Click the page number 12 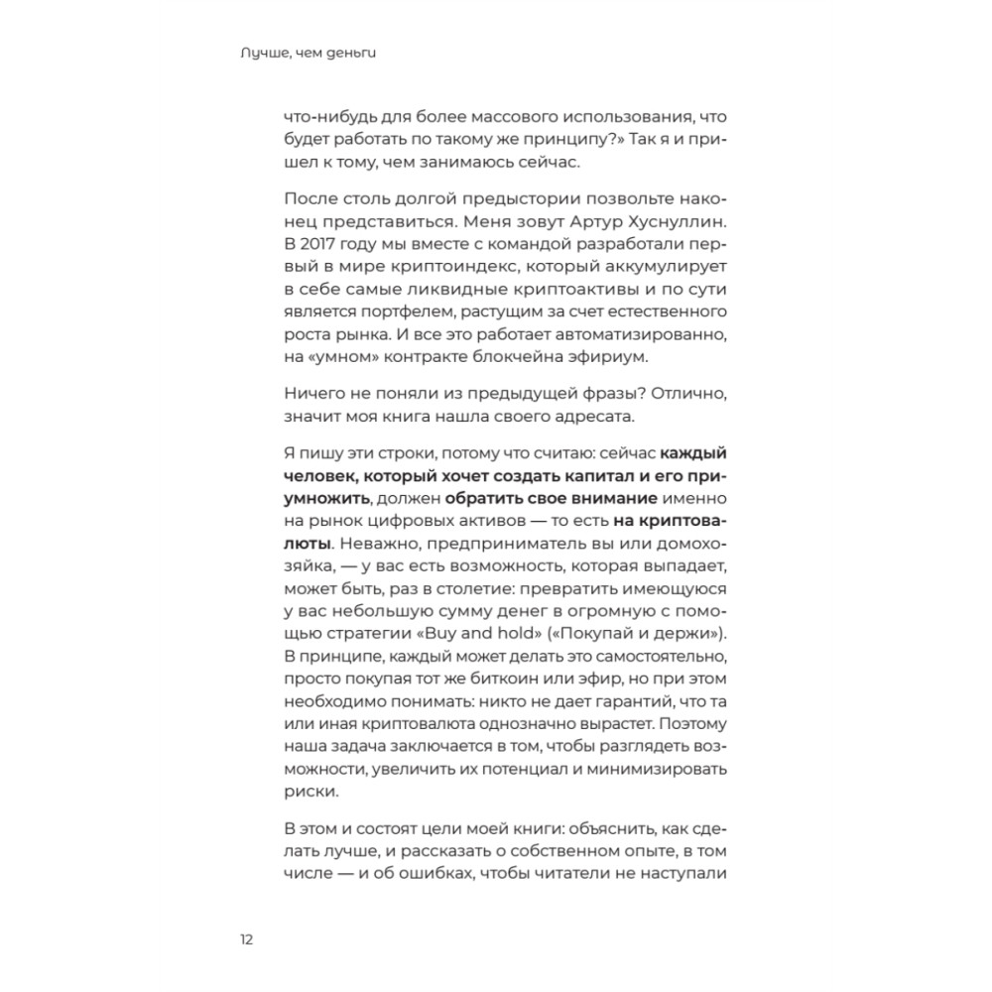tap(246, 939)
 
